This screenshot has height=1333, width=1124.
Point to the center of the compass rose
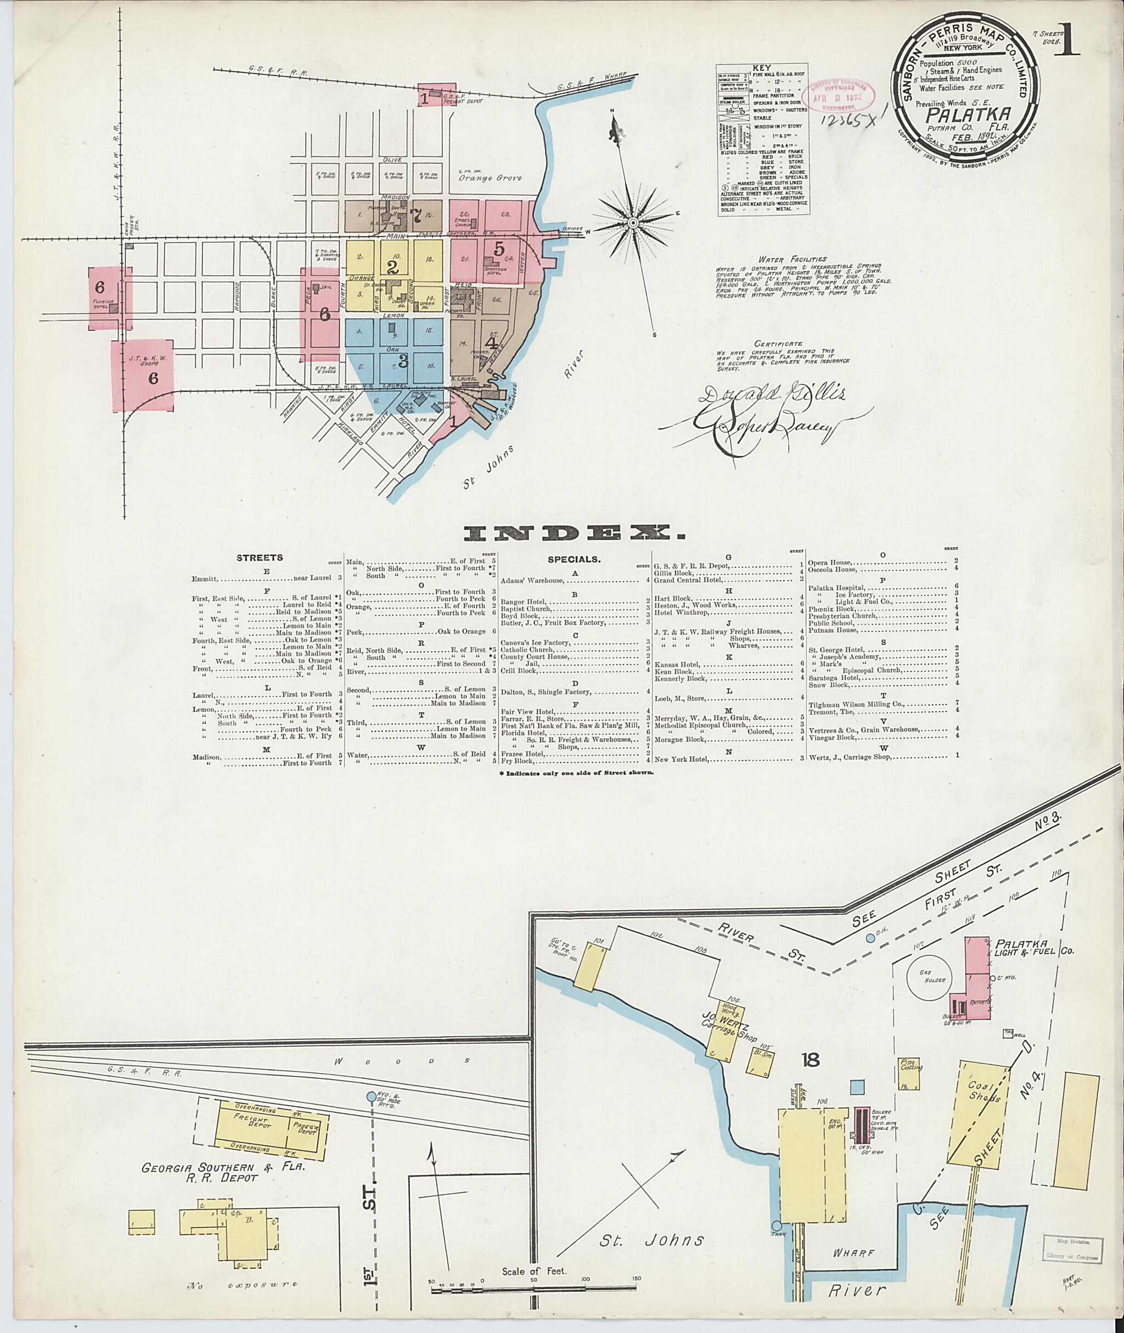(x=633, y=222)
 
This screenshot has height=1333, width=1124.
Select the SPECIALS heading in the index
(x=574, y=559)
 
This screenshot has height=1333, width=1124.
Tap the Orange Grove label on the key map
(x=491, y=178)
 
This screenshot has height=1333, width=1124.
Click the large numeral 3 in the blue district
(x=402, y=361)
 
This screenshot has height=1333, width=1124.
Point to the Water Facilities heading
(x=783, y=260)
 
